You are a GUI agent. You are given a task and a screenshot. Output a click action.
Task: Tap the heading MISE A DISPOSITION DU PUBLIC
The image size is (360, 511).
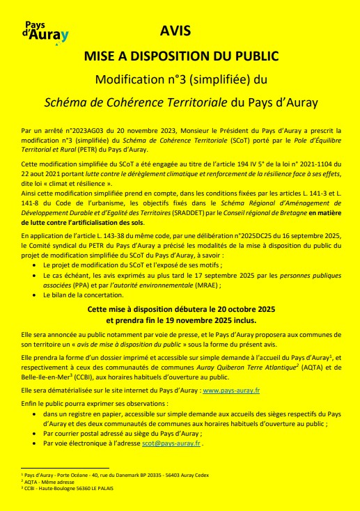click(180, 55)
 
